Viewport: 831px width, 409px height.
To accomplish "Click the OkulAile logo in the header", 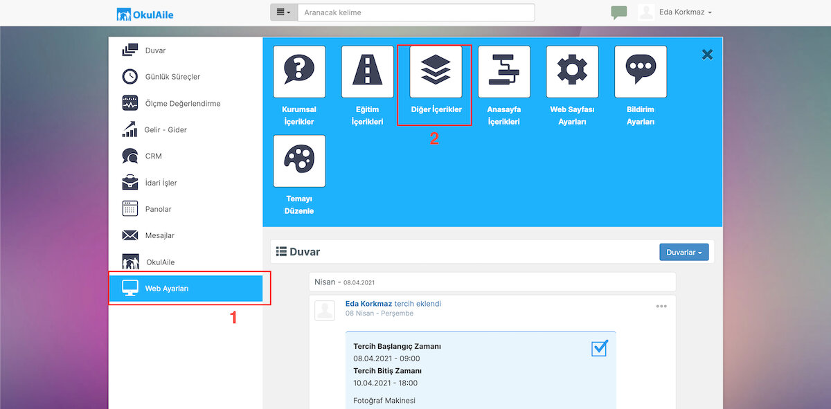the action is tap(145, 15).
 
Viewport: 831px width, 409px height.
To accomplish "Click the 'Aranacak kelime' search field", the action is tap(416, 12).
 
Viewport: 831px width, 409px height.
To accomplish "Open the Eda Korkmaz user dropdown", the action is tap(685, 12).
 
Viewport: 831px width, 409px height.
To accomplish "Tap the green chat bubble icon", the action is tap(619, 12).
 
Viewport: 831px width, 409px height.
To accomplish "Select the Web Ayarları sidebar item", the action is tap(186, 288).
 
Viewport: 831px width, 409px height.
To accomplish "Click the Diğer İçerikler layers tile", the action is tap(436, 71).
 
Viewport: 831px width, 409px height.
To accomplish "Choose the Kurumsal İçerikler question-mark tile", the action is tap(299, 71).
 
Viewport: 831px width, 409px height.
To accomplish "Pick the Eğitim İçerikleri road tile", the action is tap(367, 71).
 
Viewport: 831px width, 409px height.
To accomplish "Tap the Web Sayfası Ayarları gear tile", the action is tap(572, 71).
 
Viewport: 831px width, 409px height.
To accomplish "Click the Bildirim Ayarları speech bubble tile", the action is tap(641, 71).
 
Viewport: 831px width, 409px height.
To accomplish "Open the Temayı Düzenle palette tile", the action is tap(299, 161).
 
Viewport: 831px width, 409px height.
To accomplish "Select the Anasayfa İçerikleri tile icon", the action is tap(504, 71).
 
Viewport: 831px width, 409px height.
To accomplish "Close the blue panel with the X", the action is tap(707, 55).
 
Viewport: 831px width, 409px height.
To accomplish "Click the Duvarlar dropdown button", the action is tap(683, 252).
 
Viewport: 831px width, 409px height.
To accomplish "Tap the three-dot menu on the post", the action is tap(661, 307).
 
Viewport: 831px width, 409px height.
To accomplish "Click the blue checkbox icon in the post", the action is tap(600, 348).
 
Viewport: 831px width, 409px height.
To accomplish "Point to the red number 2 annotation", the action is tap(434, 138).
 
